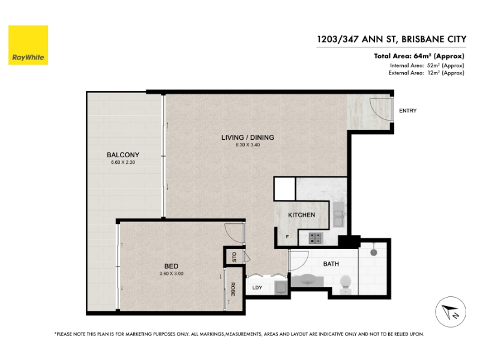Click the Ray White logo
28,45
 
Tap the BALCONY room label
123,155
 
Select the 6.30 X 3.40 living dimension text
248,145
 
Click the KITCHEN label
302,215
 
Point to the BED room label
172,266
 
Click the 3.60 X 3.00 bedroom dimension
172,274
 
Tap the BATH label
331,263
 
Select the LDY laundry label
257,287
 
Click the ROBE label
233,289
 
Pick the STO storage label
235,257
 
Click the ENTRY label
408,111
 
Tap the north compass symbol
451,312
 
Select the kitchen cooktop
316,238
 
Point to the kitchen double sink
338,214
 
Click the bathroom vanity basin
307,280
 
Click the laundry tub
281,288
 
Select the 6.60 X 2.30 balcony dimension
123,162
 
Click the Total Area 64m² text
419,56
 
